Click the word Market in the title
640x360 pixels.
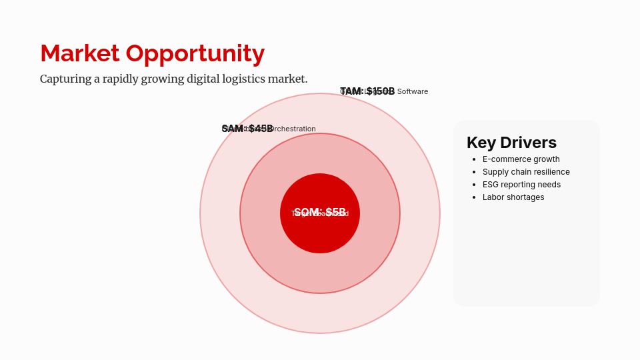(x=80, y=53)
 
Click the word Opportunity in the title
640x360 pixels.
(x=195, y=53)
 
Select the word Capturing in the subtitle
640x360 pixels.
(x=65, y=79)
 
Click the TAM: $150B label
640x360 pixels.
(x=367, y=91)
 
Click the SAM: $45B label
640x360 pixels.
(x=247, y=129)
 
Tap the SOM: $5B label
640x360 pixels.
(x=320, y=213)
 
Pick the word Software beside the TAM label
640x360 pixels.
(x=413, y=91)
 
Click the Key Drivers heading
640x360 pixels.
(x=511, y=143)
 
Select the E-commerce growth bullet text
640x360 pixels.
(x=521, y=159)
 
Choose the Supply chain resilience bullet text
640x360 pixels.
(x=526, y=172)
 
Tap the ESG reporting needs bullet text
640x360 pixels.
(x=521, y=185)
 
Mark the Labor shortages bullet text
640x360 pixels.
(x=513, y=197)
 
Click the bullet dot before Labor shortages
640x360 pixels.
(x=473, y=197)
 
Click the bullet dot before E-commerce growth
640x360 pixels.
(x=473, y=159)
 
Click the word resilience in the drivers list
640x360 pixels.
(x=551, y=172)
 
